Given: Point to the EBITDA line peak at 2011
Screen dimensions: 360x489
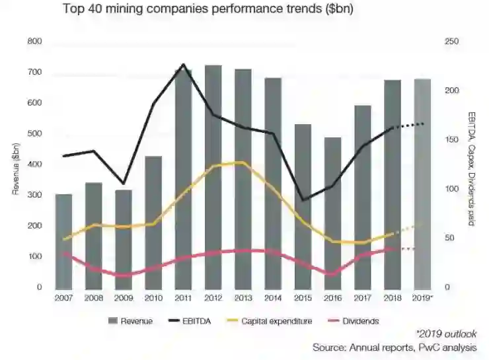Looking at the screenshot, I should [183, 65].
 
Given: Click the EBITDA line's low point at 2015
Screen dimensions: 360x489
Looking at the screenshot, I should [303, 199].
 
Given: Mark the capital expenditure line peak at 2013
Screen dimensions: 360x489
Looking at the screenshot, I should [243, 162].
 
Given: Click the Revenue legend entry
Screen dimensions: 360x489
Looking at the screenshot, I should [132, 322].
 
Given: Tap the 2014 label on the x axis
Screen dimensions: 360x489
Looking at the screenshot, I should [272, 299].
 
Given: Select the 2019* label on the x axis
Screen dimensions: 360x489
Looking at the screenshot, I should [423, 299].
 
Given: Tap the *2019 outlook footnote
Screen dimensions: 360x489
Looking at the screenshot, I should [447, 334].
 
